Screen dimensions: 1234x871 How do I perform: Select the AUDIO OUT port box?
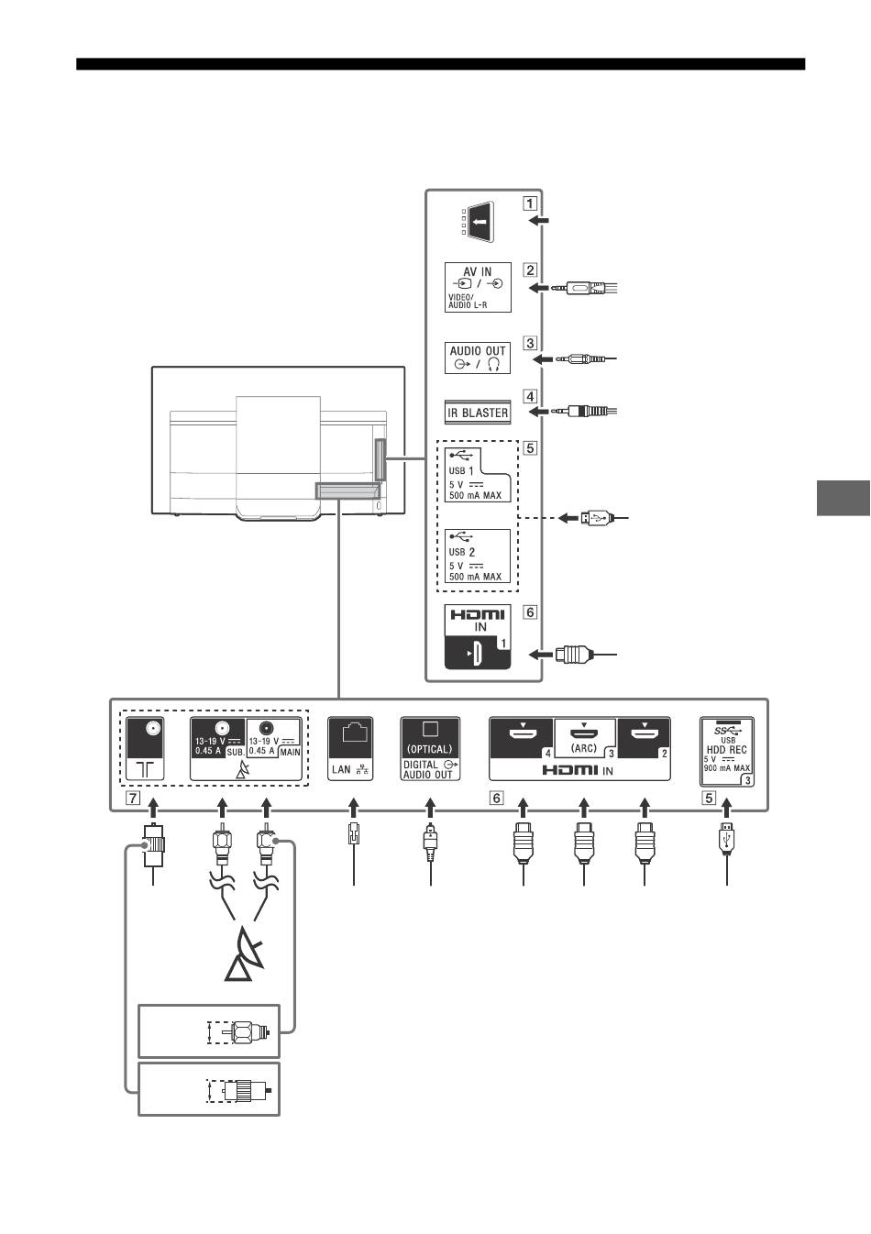(x=478, y=357)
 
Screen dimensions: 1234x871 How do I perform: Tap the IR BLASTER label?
(x=478, y=413)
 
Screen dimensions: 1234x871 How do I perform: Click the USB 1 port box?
(x=478, y=474)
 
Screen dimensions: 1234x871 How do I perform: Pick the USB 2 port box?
(x=478, y=556)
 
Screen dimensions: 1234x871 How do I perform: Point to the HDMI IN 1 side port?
(x=478, y=653)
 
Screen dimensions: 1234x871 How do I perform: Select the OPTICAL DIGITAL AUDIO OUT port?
(x=430, y=748)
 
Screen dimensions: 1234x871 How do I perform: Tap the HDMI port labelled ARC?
(x=584, y=738)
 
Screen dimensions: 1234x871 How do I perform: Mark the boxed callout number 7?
(x=134, y=798)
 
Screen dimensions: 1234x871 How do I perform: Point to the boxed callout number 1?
(x=531, y=203)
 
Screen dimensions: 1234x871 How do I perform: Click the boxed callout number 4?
(x=531, y=397)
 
